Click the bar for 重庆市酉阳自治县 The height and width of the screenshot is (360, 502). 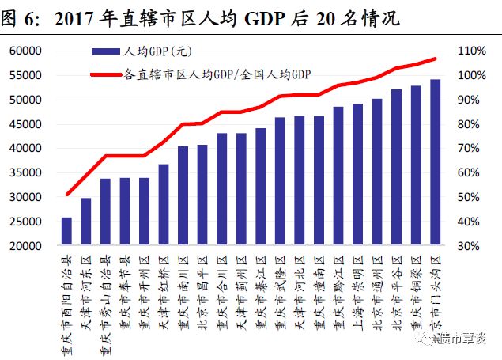click(x=66, y=231)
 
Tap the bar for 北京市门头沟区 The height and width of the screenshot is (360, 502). click(x=436, y=162)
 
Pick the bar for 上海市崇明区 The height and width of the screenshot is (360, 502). click(x=358, y=174)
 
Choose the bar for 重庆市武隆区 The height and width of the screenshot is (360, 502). click(x=280, y=181)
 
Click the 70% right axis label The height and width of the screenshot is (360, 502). click(x=472, y=148)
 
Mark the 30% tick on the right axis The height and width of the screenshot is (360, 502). click(x=472, y=246)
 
